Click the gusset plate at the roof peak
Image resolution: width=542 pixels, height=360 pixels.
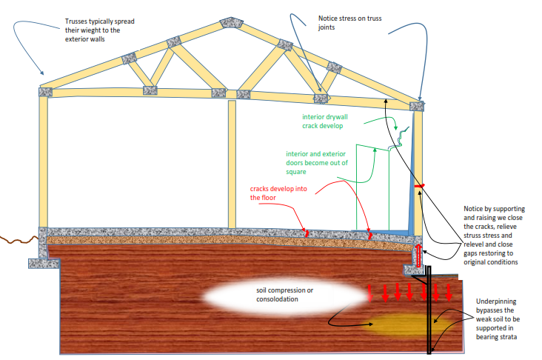click(x=231, y=22)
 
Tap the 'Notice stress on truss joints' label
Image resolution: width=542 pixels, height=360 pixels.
click(x=349, y=23)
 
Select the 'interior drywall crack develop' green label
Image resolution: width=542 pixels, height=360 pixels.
click(x=325, y=121)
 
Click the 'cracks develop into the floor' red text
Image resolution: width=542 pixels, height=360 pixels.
click(x=278, y=193)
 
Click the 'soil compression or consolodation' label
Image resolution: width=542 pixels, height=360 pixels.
click(x=284, y=295)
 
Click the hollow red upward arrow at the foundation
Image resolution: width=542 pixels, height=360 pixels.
click(x=418, y=256)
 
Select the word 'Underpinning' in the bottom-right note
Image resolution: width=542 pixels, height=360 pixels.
click(x=496, y=301)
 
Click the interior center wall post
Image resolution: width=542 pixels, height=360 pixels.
click(x=232, y=164)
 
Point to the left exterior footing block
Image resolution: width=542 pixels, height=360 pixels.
click(x=44, y=264)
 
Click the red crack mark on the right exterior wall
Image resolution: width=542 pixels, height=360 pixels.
click(x=419, y=187)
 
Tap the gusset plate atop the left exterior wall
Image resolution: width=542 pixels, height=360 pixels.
click(x=45, y=92)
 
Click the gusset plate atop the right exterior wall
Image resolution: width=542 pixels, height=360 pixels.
click(x=417, y=106)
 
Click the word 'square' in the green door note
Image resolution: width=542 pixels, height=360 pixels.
click(x=296, y=172)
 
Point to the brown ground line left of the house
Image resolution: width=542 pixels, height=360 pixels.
click(x=19, y=239)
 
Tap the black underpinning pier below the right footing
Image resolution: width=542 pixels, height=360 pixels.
click(x=429, y=310)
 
